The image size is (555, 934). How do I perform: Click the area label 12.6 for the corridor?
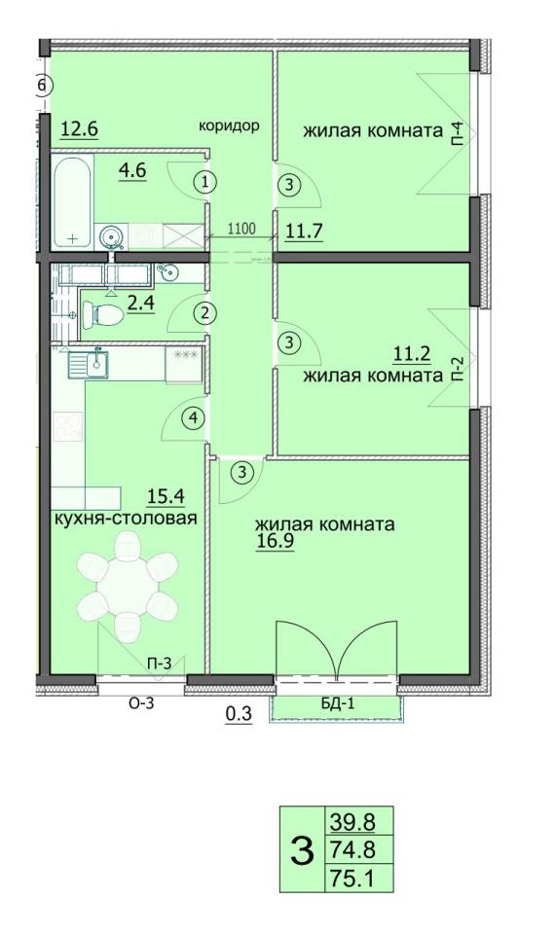pos(80,127)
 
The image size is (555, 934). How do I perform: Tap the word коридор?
pos(229,125)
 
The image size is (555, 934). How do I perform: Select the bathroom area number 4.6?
pos(132,172)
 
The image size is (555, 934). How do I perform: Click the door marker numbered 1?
pos(204,181)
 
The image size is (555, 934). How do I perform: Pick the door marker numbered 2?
pos(204,313)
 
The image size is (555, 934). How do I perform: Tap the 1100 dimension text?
pos(241,230)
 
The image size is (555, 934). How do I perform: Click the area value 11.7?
pos(303,231)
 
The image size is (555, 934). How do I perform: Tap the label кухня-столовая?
pos(127,519)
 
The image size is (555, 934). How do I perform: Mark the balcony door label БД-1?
pos(337,705)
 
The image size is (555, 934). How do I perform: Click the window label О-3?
pos(143,704)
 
